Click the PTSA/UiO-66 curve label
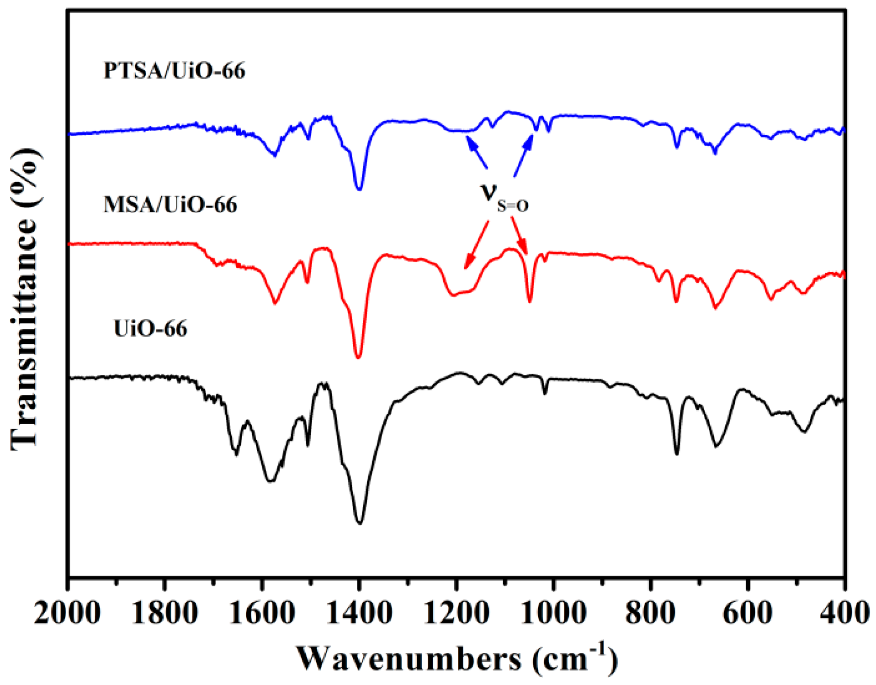click(x=174, y=71)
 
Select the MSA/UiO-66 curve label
click(x=170, y=205)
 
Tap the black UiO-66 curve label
click(x=150, y=329)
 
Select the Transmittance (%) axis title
click(x=25, y=299)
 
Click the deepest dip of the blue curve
click(x=359, y=189)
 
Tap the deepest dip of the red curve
click(x=358, y=357)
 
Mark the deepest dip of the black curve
click(x=360, y=522)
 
